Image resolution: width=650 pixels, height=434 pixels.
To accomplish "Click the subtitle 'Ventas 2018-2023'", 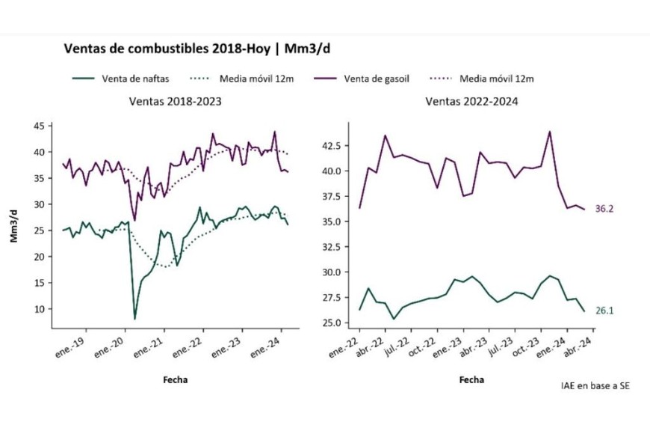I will point(175,100).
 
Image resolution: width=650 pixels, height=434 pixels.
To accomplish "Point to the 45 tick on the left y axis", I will point(37,126).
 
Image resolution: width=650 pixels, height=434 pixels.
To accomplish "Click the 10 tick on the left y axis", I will point(37,308).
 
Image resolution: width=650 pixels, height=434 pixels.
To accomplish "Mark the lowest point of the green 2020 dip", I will point(135,319).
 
